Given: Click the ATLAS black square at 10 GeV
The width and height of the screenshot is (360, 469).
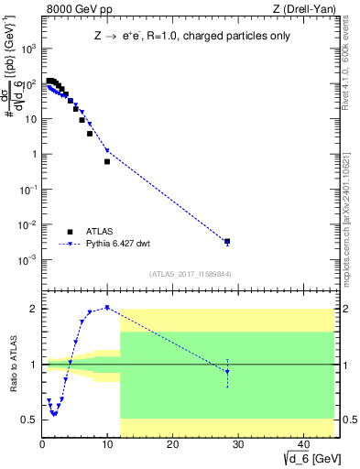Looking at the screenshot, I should tap(107, 161).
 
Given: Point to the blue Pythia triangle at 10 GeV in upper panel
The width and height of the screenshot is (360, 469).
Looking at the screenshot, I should tap(107, 150).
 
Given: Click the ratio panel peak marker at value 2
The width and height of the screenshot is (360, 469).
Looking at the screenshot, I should tap(107, 308).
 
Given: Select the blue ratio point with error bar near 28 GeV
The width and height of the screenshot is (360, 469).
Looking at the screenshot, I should tap(227, 371).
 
